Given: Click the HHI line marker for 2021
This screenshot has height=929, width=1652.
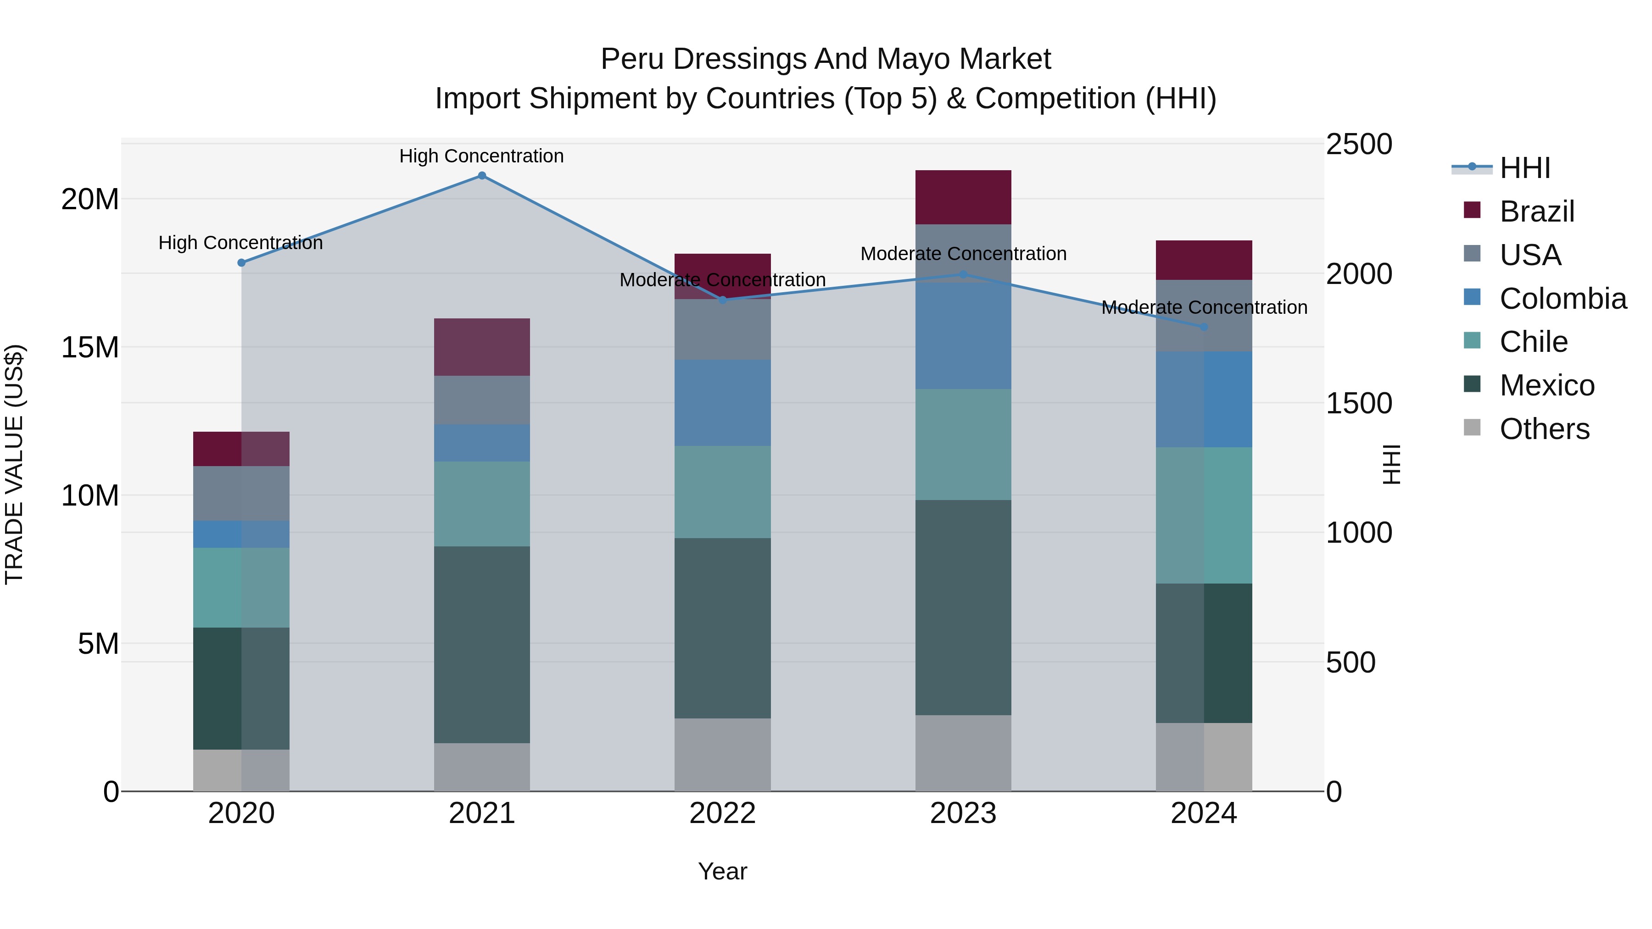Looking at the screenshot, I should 482,176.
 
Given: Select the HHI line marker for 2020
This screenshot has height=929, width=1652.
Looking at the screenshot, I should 241,263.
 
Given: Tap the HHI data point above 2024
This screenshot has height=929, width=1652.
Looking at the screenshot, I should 1204,327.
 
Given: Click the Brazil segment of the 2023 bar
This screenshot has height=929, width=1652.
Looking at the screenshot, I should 963,197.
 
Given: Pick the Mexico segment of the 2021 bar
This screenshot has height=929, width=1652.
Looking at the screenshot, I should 482,645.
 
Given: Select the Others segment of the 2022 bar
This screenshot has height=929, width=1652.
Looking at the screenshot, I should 722,755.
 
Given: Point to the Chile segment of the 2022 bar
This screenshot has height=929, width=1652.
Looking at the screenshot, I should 722,492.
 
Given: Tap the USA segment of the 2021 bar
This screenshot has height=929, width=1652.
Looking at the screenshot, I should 482,400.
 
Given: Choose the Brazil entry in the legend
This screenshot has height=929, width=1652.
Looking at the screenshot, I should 1536,211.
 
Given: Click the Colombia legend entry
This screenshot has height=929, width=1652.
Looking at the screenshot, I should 1562,299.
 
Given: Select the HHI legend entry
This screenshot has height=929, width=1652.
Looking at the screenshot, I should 1524,168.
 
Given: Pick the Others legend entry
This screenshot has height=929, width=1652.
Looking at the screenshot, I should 1544,429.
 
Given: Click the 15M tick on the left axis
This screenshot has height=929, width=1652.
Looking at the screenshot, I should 90,347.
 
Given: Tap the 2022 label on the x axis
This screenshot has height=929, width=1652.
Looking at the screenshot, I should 722,813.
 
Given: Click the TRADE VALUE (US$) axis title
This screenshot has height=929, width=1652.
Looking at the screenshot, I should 14,465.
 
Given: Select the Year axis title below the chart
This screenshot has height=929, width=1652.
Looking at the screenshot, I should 722,871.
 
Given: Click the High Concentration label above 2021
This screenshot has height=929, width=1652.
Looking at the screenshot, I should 482,156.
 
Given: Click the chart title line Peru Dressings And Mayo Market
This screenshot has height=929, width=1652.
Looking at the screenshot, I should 826,59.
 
